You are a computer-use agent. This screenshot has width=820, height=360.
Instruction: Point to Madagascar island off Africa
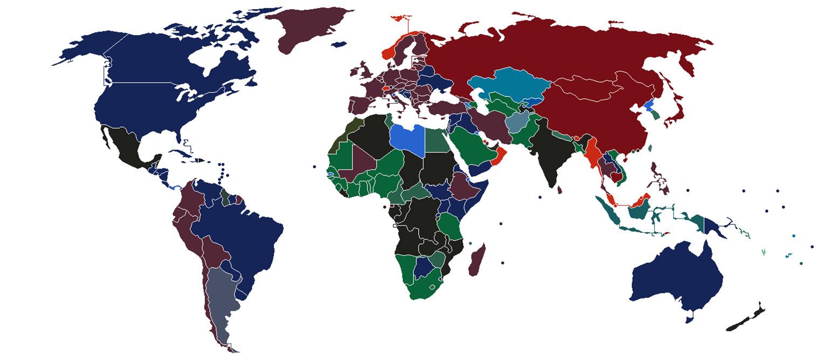(x=476, y=260)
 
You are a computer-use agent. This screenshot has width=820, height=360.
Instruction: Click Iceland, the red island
(x=400, y=20)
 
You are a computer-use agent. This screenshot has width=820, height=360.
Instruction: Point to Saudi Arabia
(x=472, y=146)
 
